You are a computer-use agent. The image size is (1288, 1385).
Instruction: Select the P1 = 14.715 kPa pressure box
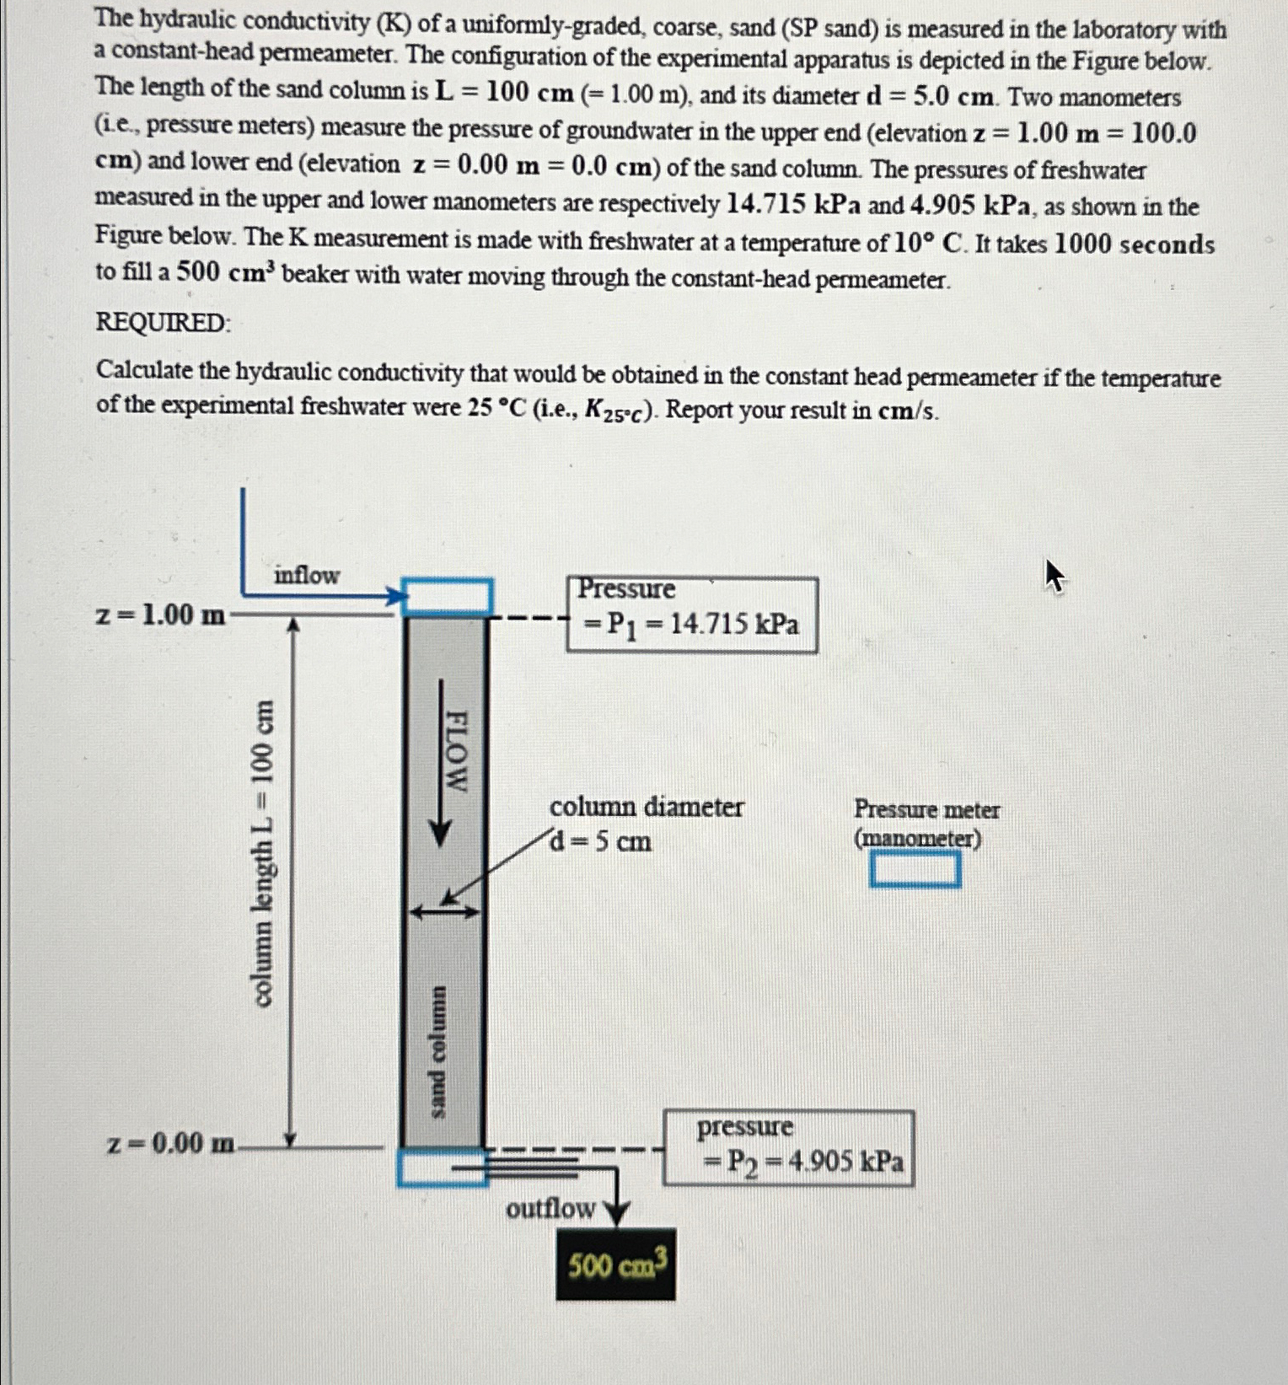click(692, 615)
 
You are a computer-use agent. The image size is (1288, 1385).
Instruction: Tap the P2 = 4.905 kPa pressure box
click(789, 1148)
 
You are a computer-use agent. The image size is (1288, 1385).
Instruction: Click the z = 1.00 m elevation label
click(160, 615)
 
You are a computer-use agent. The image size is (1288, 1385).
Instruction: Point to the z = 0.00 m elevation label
click(172, 1144)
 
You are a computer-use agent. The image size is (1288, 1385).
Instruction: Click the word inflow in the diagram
click(306, 575)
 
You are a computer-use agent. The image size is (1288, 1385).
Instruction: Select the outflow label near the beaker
click(550, 1209)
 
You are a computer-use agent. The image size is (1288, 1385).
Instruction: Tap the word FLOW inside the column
click(456, 750)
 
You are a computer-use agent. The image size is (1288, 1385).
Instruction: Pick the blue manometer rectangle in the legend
click(915, 870)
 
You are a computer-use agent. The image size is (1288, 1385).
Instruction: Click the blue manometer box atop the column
click(446, 596)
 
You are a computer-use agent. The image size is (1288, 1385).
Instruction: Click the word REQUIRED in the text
click(161, 322)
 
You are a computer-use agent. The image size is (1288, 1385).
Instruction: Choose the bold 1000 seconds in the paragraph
click(1134, 244)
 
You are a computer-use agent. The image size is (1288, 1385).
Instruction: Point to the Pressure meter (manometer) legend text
click(926, 824)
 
